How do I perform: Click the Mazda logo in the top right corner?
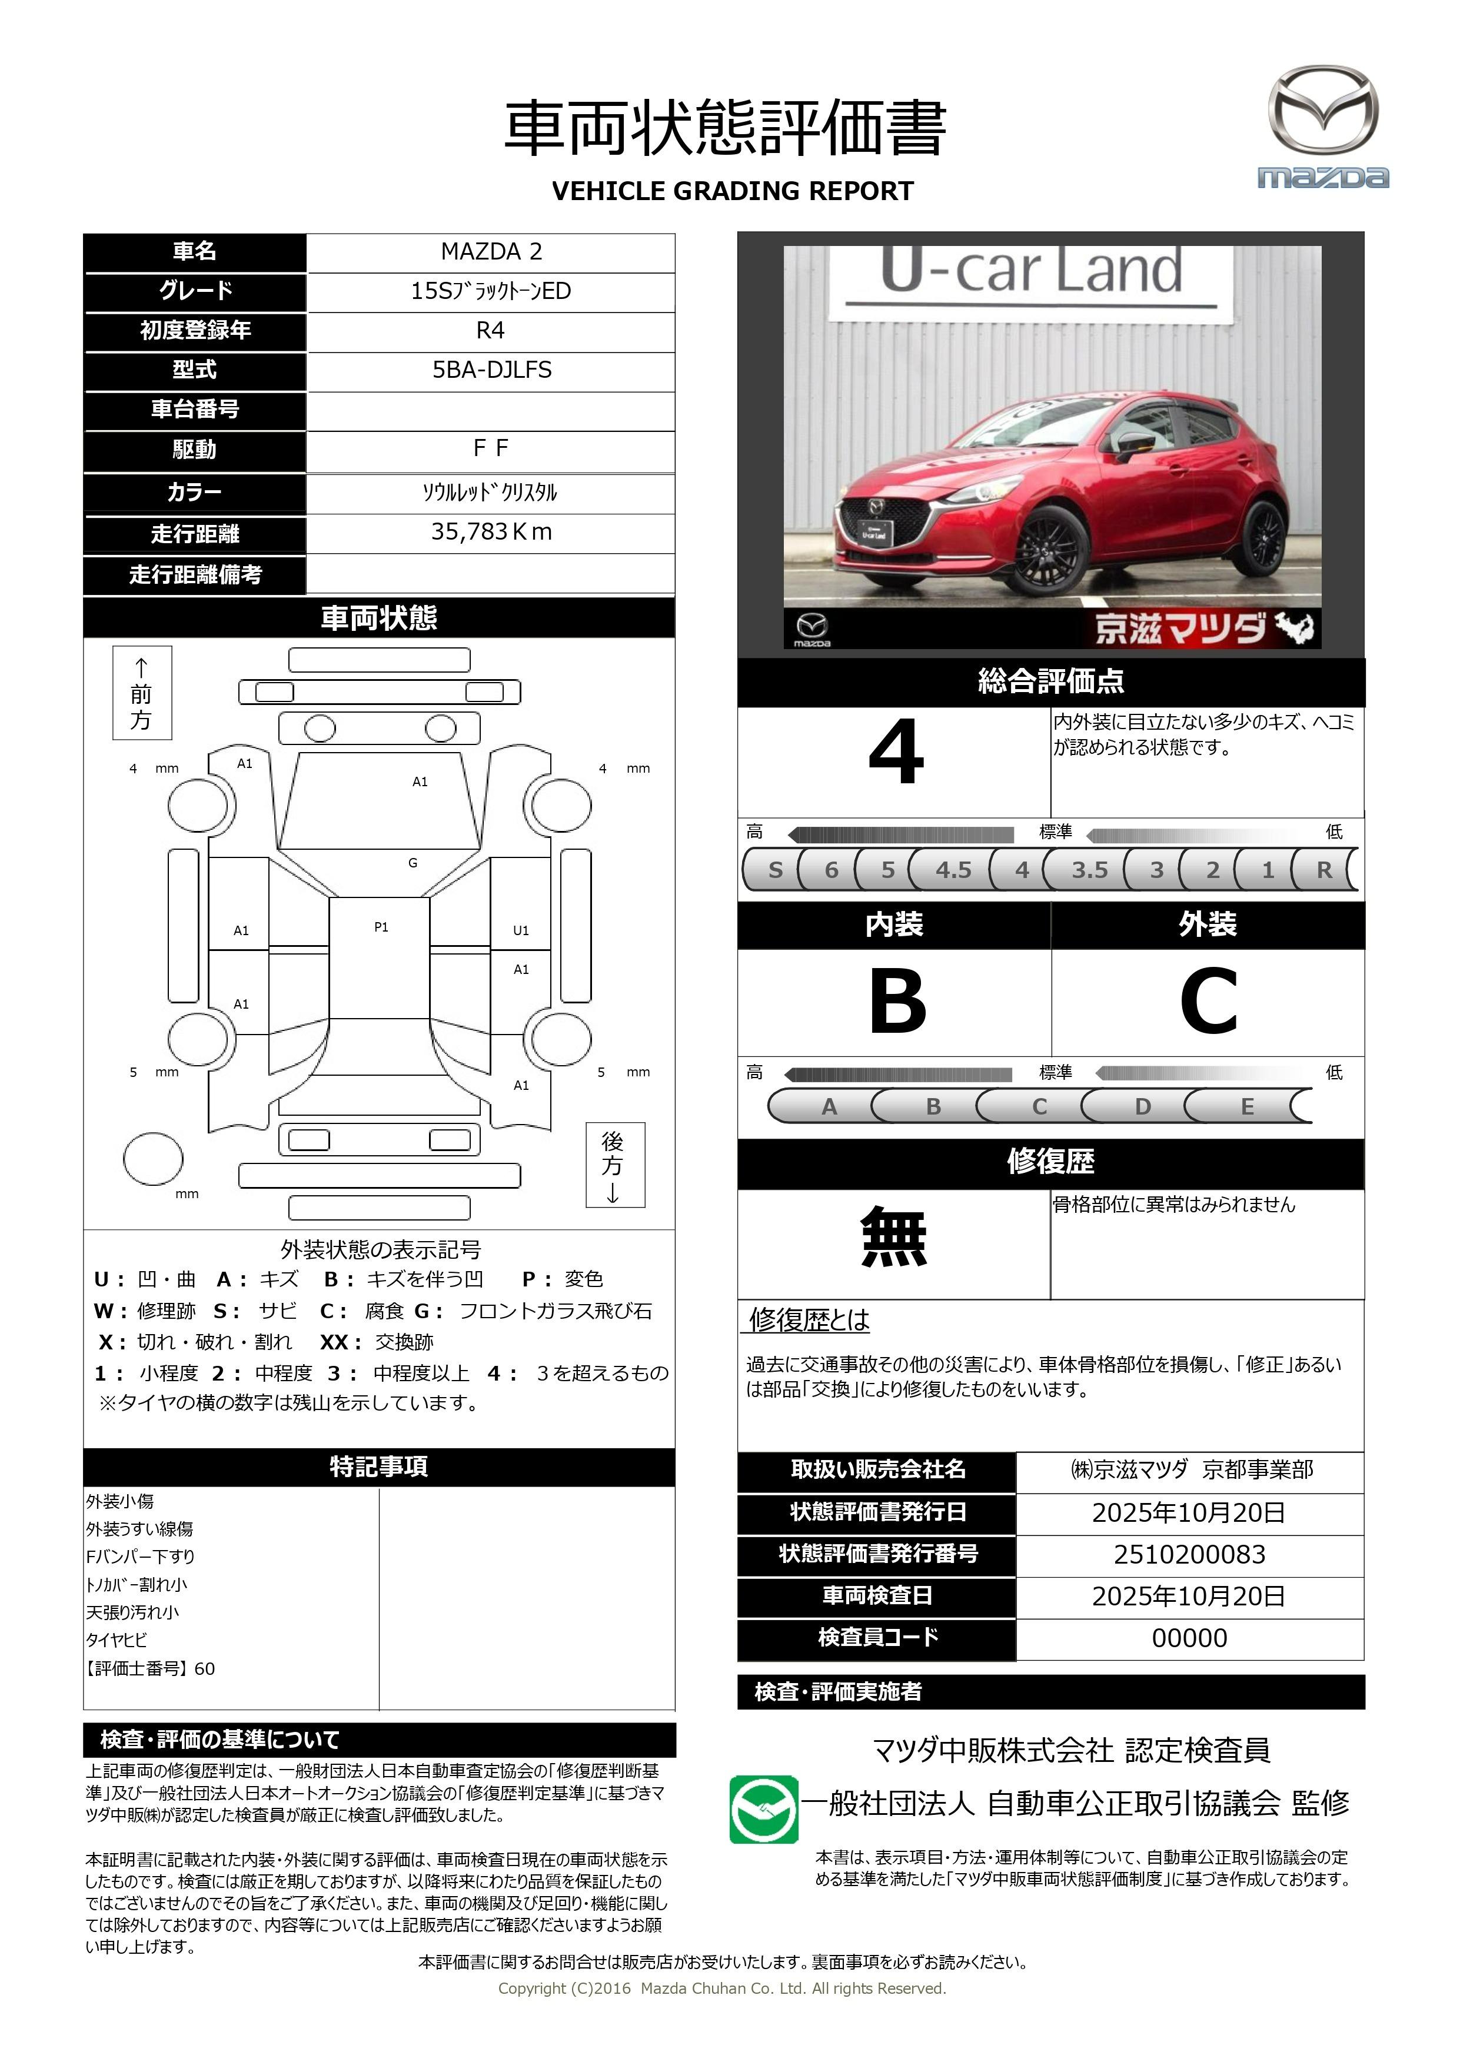tap(1322, 126)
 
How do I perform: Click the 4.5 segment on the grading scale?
tap(953, 870)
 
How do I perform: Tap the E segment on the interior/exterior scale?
tap(1247, 1106)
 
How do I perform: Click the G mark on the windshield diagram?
tap(413, 863)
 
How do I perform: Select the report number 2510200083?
tap(1189, 1554)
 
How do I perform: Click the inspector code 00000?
tap(1189, 1638)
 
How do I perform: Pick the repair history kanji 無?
tap(893, 1238)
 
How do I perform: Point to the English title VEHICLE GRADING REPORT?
tap(732, 192)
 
